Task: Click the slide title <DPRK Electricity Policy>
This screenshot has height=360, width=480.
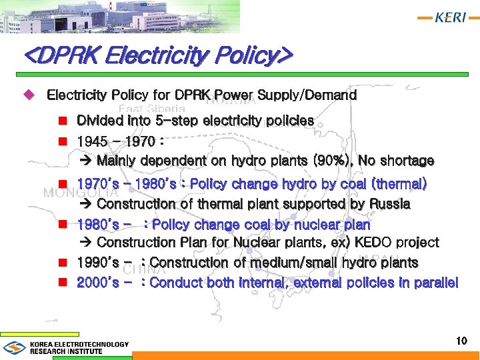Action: coord(157,56)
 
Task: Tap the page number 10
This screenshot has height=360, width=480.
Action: coord(461,341)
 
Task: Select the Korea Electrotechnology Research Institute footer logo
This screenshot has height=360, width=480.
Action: coord(67,347)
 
